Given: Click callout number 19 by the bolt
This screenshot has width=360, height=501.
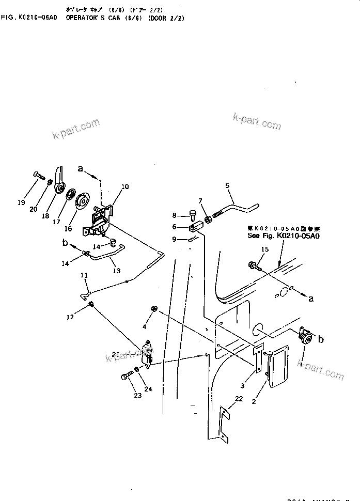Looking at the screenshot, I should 21,202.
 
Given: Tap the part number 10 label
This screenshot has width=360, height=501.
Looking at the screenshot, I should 125,186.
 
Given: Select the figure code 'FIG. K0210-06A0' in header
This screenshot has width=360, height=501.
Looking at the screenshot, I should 33,18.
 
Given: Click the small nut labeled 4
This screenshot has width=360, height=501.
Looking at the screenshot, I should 153,309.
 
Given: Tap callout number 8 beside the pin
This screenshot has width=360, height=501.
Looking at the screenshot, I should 174,215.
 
